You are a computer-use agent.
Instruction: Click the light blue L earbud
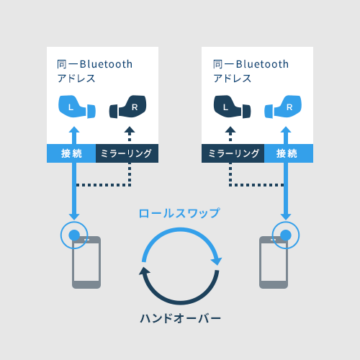(77, 107)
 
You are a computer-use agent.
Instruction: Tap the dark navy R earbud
(127, 107)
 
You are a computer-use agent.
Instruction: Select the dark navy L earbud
(232, 107)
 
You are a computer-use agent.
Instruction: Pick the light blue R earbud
(283, 107)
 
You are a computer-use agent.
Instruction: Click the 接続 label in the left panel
(71, 153)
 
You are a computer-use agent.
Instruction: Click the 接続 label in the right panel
(287, 153)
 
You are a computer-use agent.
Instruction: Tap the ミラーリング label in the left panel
(126, 153)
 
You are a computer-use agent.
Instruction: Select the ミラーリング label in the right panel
(233, 153)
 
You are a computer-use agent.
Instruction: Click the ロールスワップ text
(179, 213)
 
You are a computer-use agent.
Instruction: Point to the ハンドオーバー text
(180, 318)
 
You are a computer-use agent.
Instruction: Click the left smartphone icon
(86, 262)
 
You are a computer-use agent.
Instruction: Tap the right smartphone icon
(274, 262)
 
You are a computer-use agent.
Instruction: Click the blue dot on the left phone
(74, 235)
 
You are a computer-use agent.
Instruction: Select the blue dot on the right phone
(286, 235)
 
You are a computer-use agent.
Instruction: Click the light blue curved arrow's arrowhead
(217, 261)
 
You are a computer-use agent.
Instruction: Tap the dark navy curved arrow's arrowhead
(144, 271)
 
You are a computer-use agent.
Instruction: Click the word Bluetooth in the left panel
(106, 64)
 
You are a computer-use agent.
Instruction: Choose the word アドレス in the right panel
(233, 78)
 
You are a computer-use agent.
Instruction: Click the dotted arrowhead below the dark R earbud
(130, 130)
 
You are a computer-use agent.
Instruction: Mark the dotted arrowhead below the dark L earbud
(230, 130)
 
